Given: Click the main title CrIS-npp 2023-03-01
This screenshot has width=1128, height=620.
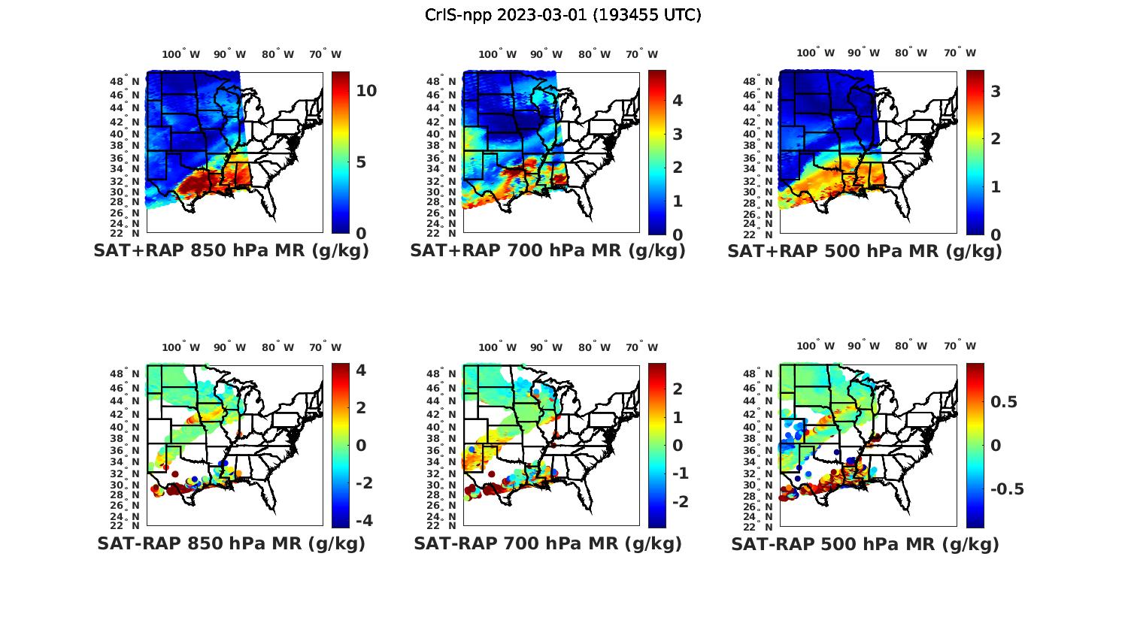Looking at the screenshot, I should [x=562, y=15].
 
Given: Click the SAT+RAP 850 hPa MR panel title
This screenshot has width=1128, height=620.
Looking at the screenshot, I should [x=231, y=251].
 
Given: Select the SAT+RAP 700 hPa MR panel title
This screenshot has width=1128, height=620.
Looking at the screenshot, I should [x=547, y=251].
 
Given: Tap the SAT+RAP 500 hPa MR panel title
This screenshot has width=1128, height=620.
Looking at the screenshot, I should [x=865, y=251].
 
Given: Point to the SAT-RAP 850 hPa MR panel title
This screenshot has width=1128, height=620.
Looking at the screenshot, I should [x=231, y=543].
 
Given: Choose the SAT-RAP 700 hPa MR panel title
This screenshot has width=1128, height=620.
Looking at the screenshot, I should [x=547, y=543].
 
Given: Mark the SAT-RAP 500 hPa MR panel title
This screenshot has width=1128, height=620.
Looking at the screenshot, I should [x=865, y=544].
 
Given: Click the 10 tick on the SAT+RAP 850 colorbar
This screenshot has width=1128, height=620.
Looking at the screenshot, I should [x=366, y=91].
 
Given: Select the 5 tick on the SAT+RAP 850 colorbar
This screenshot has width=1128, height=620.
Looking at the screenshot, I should [x=361, y=162].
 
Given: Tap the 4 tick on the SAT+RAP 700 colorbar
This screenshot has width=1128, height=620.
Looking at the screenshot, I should [x=677, y=101].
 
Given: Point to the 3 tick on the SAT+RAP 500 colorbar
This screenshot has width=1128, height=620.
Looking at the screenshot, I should [x=996, y=91].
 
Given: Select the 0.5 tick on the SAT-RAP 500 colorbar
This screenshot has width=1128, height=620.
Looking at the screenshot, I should [x=1004, y=402].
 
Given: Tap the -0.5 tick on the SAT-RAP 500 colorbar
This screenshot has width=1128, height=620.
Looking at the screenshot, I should [x=1007, y=489].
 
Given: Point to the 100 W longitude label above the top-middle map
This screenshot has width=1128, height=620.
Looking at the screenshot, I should [x=497, y=54].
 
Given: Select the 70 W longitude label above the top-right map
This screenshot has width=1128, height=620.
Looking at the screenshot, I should [x=960, y=53].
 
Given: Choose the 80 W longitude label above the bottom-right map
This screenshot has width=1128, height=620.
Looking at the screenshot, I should [x=911, y=346].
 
